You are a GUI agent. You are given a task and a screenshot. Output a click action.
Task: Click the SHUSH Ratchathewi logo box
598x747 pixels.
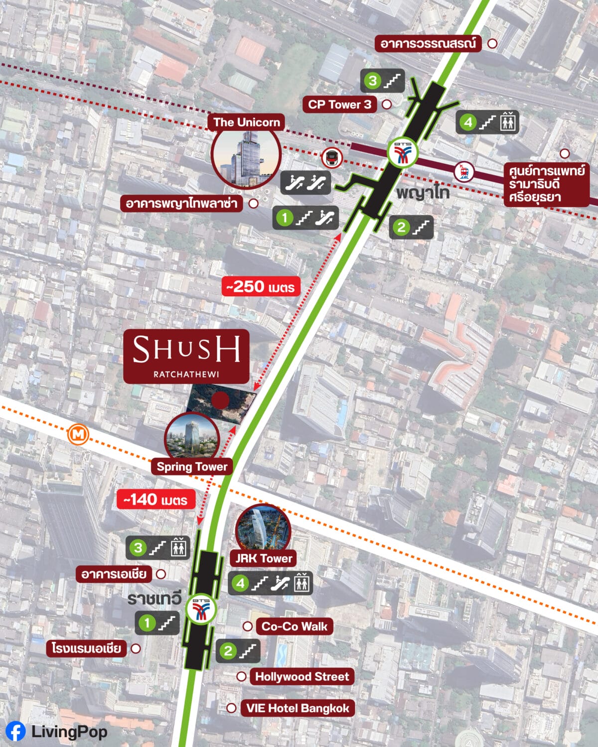click(x=186, y=356)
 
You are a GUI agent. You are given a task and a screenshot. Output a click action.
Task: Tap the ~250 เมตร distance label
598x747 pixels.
click(x=261, y=287)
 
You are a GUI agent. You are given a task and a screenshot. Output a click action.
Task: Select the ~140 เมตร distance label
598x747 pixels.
click(x=155, y=499)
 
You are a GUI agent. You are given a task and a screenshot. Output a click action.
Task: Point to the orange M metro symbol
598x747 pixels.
click(x=78, y=435)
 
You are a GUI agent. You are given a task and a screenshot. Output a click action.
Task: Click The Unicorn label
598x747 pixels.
click(x=246, y=122)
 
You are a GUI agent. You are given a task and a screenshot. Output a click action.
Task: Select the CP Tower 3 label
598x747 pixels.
click(x=339, y=105)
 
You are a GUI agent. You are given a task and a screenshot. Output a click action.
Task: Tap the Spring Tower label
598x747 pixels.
click(x=192, y=467)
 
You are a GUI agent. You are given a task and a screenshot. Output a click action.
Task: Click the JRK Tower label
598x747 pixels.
click(x=263, y=558)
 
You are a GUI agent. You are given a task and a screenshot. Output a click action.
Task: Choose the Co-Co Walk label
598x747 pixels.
click(x=295, y=626)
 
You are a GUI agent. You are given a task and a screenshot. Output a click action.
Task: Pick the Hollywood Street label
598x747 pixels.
click(x=302, y=676)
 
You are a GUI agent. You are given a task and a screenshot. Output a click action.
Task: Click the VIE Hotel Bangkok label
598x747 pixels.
click(x=298, y=708)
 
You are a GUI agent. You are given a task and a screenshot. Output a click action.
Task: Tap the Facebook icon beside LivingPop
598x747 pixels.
click(x=15, y=732)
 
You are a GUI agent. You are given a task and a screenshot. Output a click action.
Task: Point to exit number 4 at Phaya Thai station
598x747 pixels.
click(x=468, y=122)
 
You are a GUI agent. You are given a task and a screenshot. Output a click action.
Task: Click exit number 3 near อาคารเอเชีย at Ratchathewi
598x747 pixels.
click(x=138, y=548)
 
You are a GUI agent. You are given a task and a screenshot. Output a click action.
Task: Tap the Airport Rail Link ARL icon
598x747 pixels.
click(x=464, y=172)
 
